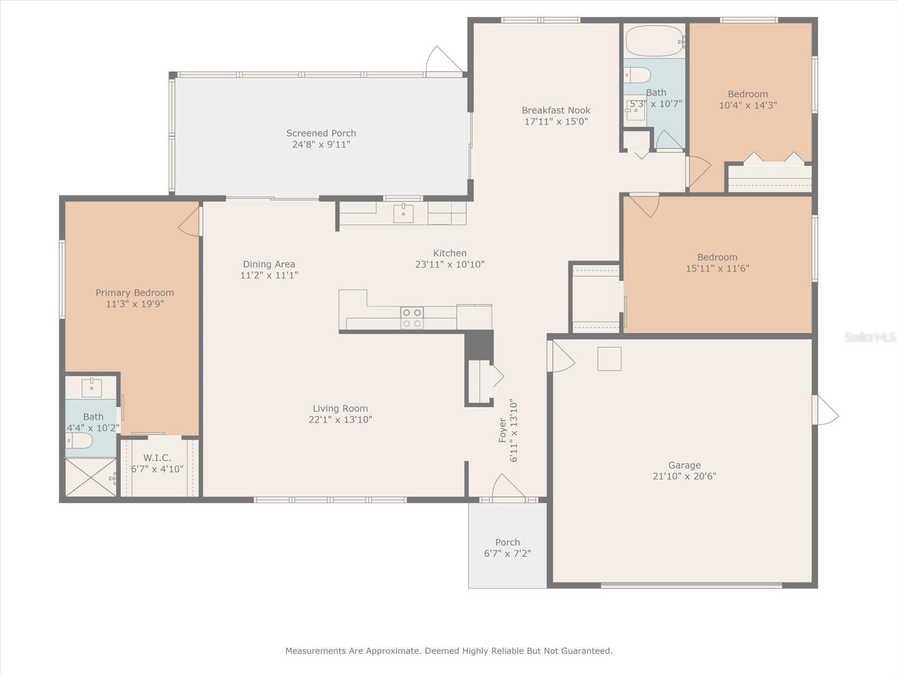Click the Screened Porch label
pos(321,133)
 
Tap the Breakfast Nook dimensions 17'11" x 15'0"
pos(556,121)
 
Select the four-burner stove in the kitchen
pos(411,318)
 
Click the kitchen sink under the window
pos(403,213)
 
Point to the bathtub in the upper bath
pos(654,40)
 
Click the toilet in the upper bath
pos(638,75)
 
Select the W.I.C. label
pos(157,458)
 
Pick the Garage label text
pos(684,465)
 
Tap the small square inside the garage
pos(609,359)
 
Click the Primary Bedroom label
pos(135,293)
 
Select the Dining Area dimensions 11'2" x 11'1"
pos(269,275)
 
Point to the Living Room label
pos(340,408)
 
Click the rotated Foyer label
pos(503,430)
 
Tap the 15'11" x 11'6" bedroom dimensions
pos(717,268)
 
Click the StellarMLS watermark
pos(869,338)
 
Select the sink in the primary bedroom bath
pos(91,387)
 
